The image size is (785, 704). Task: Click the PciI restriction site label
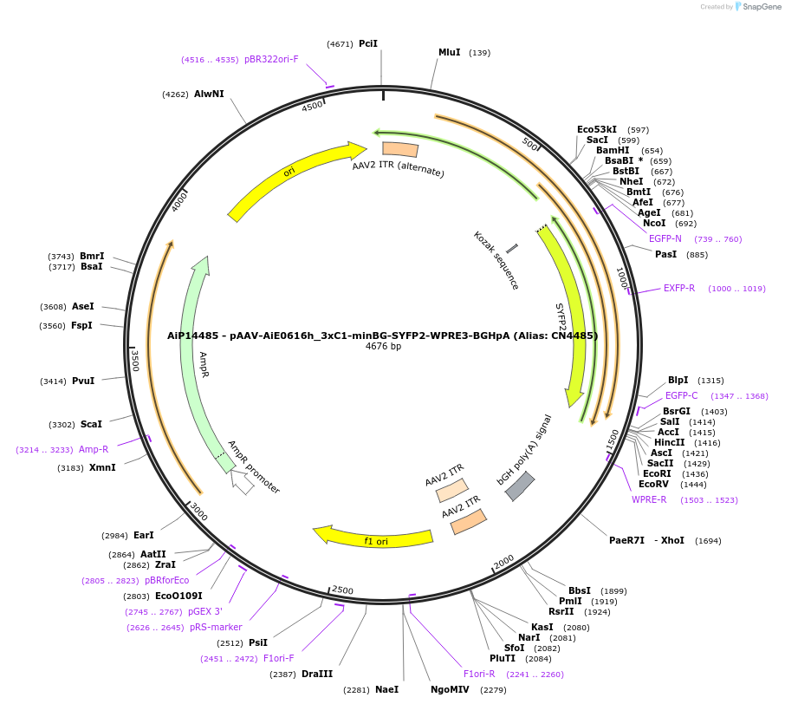coord(368,43)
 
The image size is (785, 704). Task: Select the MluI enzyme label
coord(449,53)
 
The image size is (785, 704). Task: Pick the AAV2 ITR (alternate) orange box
coord(399,149)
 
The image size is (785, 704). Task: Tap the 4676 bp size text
coord(383,347)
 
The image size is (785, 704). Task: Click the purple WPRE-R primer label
coord(649,499)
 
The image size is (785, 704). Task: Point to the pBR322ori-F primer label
coord(271,60)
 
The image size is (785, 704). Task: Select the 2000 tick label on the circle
coord(503,560)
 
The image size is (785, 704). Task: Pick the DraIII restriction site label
coord(317,674)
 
